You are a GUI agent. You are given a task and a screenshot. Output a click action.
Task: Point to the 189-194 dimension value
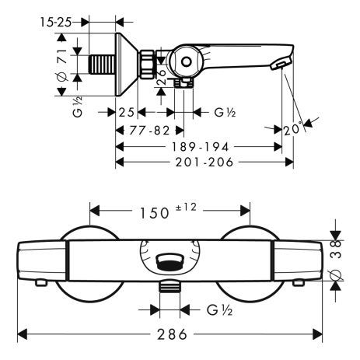pos(199,145)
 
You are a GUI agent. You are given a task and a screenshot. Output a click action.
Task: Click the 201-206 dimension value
pos(204,162)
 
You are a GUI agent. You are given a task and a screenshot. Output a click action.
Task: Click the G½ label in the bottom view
pos(217,309)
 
